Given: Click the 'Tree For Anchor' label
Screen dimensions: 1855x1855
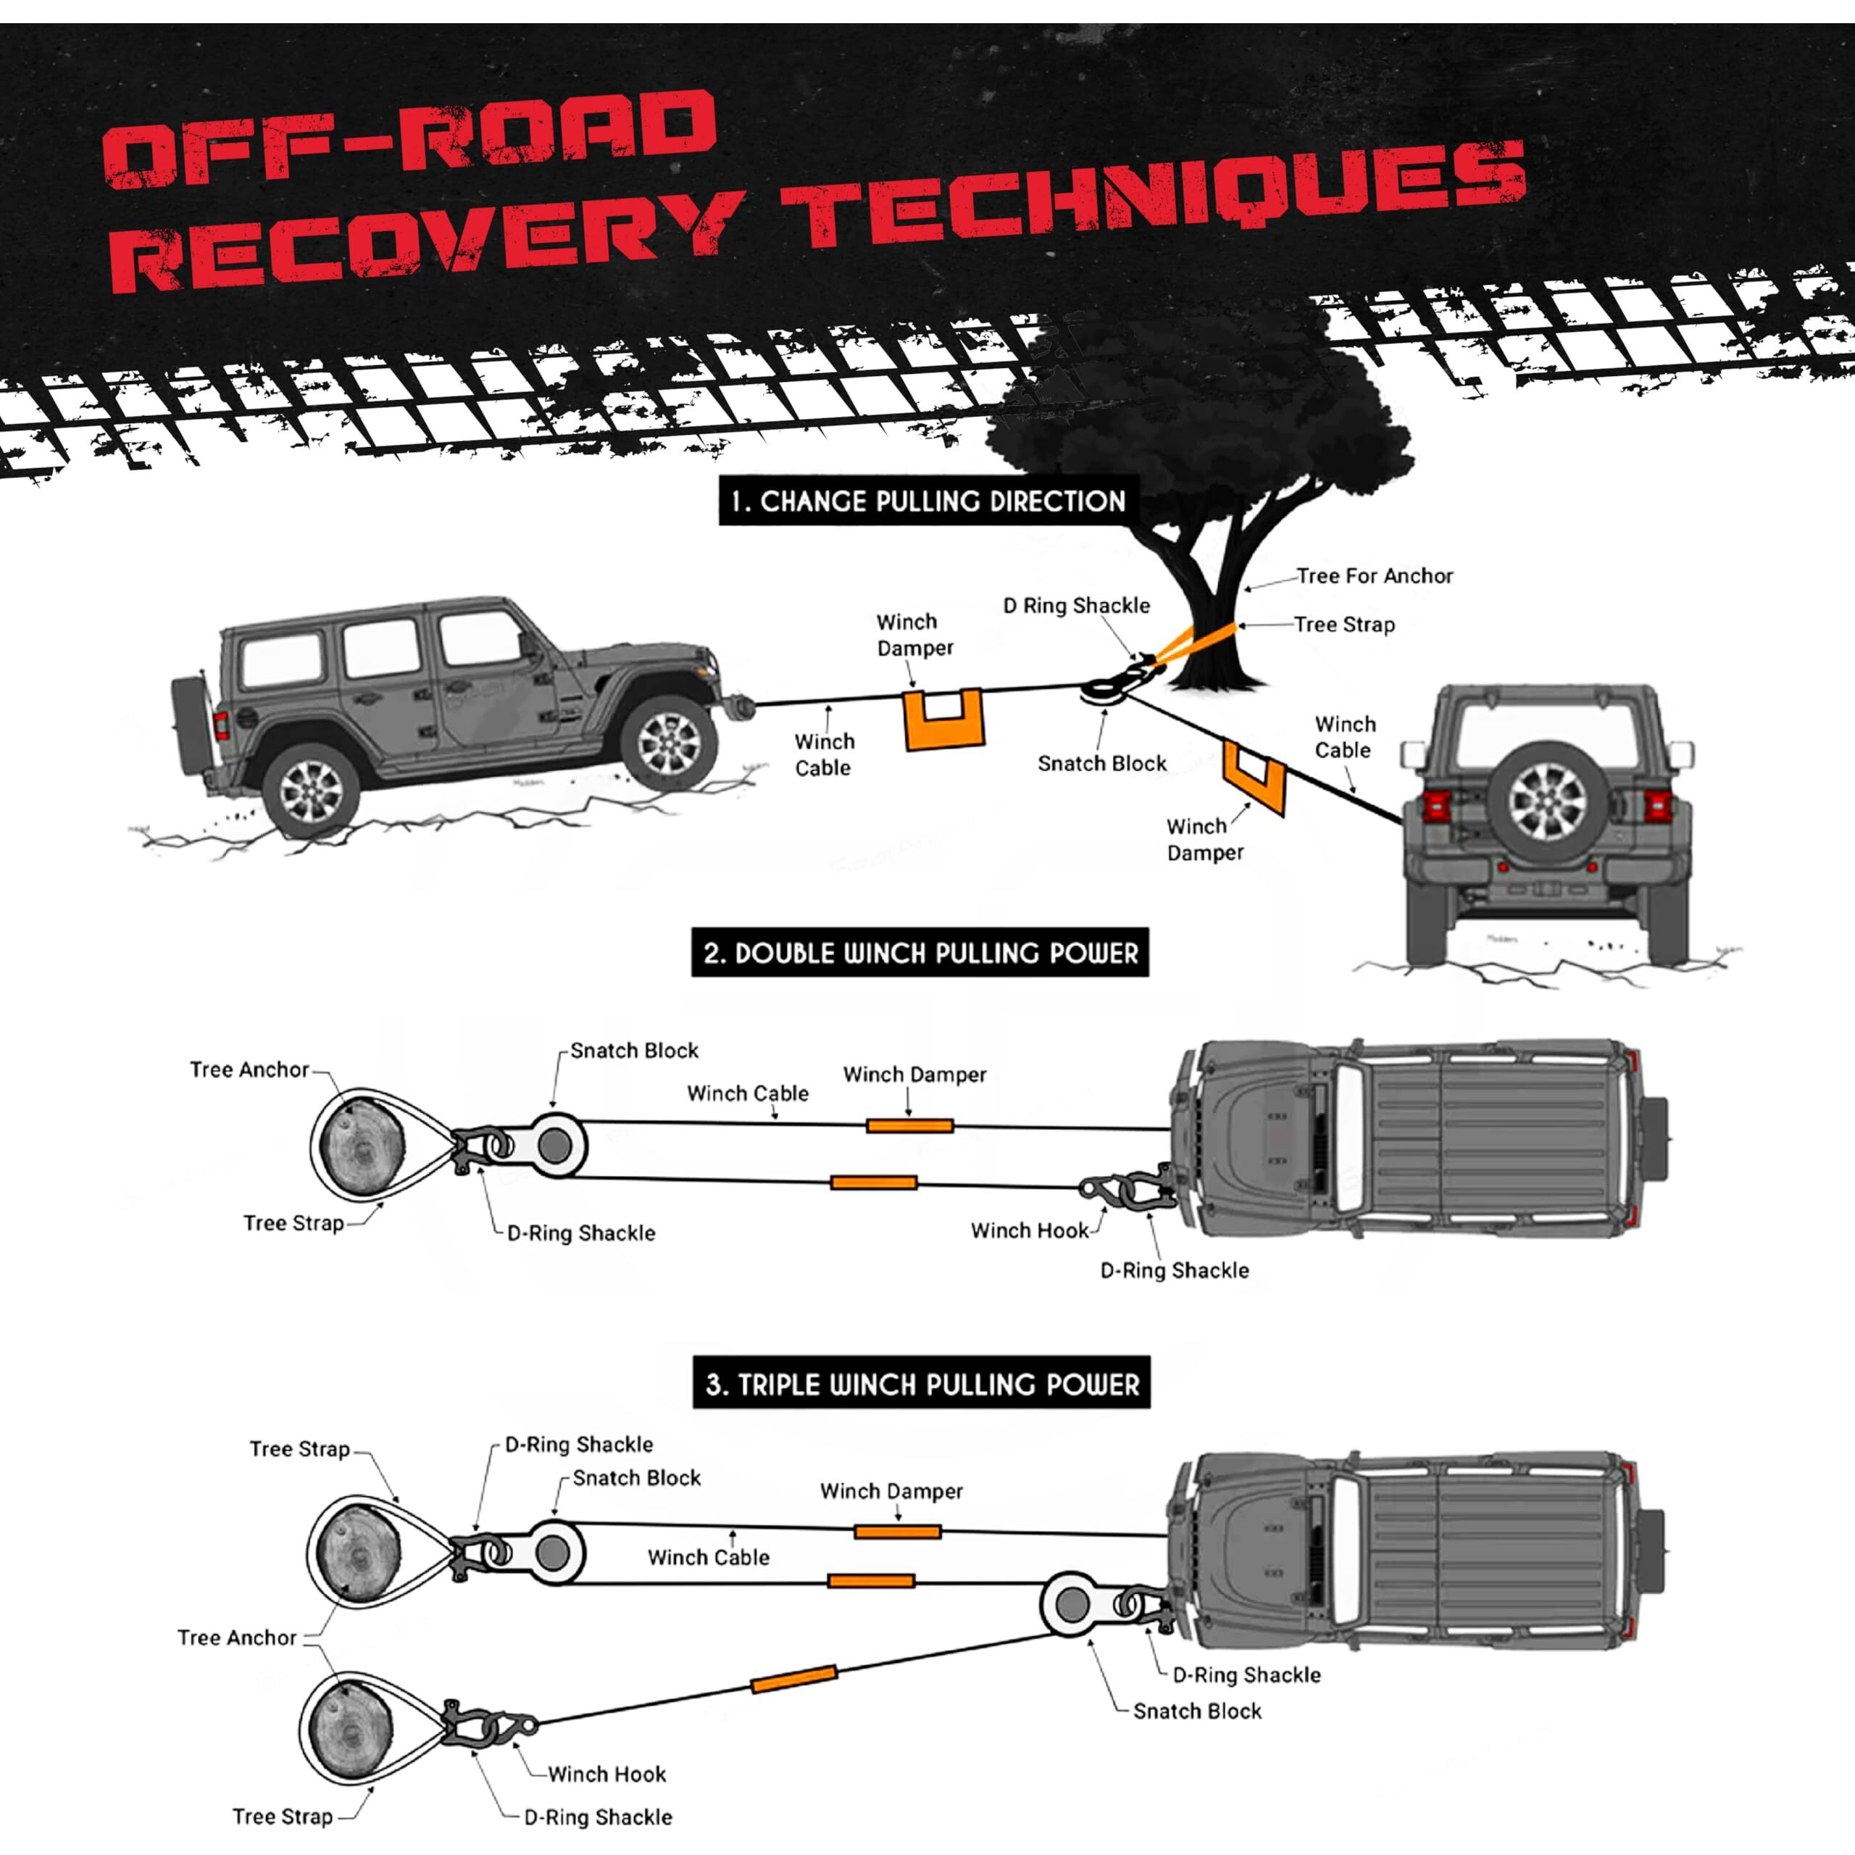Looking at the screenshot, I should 1374,576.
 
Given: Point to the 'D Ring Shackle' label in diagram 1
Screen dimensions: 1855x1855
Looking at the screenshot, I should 1075,606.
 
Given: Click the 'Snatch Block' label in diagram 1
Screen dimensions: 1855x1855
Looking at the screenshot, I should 1101,763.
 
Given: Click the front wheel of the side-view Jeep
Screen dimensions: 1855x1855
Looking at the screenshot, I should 667,742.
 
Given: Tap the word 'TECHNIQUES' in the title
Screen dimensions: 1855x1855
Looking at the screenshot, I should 1152,201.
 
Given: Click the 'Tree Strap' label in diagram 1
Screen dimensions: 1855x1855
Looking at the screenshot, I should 1343,625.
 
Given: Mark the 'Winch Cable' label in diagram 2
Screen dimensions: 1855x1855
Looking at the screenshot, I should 747,1093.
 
